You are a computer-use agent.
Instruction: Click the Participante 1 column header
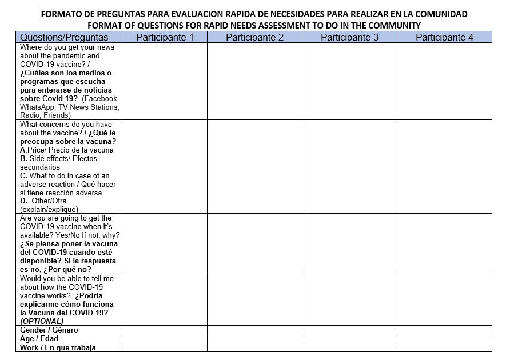[x=165, y=38]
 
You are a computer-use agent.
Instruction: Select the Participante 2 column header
[x=254, y=38]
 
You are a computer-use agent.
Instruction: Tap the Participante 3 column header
[x=349, y=38]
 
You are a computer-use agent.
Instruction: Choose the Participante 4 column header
[x=444, y=38]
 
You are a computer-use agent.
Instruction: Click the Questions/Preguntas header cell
[x=64, y=38]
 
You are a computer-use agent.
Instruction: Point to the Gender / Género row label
[x=49, y=330]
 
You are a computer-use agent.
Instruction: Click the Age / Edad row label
[x=39, y=339]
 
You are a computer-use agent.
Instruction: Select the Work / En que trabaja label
[x=58, y=347]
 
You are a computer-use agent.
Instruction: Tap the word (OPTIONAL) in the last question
[x=42, y=322]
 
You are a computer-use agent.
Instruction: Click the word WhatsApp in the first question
[x=38, y=107]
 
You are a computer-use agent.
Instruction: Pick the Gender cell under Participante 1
[x=165, y=330]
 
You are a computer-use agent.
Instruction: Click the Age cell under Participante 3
[x=349, y=339]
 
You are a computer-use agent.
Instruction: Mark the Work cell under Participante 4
[x=444, y=347]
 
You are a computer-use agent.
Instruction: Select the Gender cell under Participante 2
[x=254, y=330]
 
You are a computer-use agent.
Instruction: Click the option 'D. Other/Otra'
[x=43, y=201]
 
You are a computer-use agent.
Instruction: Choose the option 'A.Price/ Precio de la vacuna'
[x=67, y=150]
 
